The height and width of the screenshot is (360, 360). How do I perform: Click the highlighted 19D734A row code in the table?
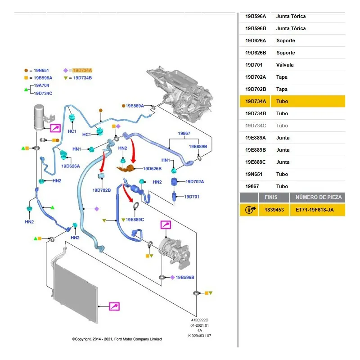click(x=255, y=101)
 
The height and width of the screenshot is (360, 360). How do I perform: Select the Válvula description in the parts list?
click(x=285, y=65)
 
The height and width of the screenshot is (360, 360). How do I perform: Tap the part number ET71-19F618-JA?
click(x=315, y=210)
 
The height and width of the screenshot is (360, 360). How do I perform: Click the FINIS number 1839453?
click(x=274, y=210)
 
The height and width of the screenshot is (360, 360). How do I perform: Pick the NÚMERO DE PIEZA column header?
click(x=319, y=197)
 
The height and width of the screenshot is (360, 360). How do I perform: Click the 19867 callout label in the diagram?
click(x=184, y=133)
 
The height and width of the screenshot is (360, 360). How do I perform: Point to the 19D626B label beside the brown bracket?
click(x=152, y=168)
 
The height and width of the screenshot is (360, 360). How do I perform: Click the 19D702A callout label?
click(x=195, y=182)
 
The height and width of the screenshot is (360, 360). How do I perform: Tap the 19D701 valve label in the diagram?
click(x=192, y=197)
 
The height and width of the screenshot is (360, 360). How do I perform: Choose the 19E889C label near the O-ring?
click(x=135, y=220)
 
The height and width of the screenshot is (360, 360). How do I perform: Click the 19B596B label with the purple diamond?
click(x=185, y=277)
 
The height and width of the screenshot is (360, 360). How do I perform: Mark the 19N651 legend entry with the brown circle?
click(x=41, y=71)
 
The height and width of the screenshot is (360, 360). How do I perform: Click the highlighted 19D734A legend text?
click(x=82, y=70)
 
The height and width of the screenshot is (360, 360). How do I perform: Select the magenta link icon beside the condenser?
click(x=114, y=306)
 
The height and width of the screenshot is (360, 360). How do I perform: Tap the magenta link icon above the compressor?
click(x=166, y=225)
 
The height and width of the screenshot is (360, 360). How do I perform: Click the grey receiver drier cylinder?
click(x=39, y=117)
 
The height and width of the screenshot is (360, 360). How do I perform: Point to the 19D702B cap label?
click(x=102, y=190)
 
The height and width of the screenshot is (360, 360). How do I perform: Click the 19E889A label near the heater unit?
click(x=135, y=106)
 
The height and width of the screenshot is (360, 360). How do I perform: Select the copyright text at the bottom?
click(x=117, y=339)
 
